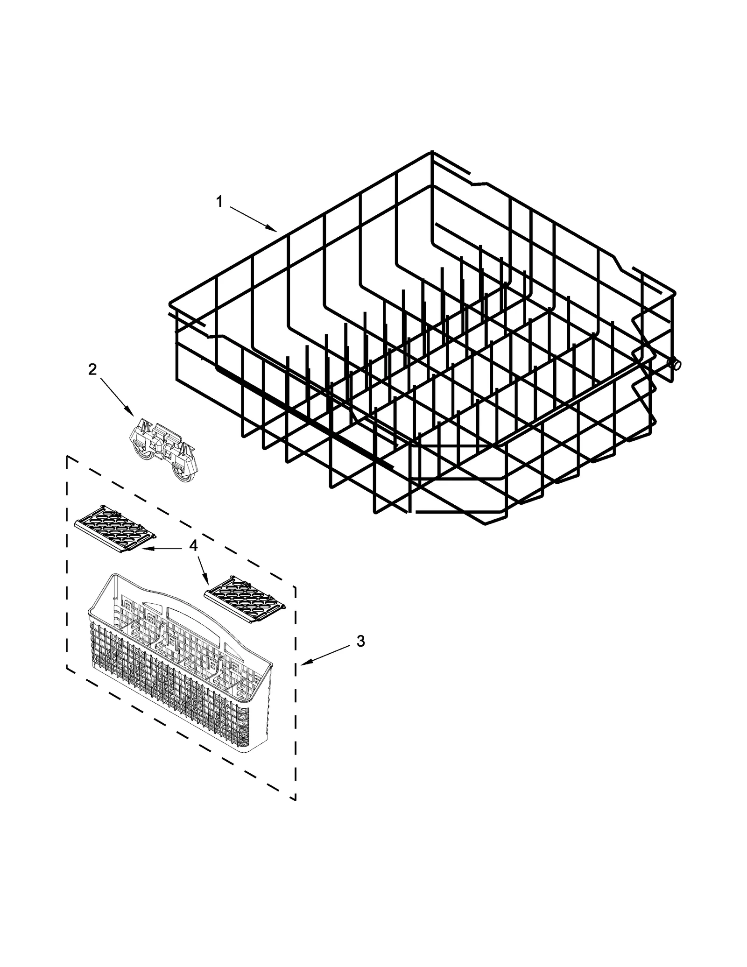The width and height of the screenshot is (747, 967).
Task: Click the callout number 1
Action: [x=219, y=202]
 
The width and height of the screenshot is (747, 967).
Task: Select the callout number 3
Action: [x=360, y=642]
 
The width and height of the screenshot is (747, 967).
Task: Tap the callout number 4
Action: [x=193, y=545]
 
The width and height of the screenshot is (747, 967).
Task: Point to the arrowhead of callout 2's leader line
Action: [x=133, y=415]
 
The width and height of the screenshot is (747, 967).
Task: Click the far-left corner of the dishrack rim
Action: [x=169, y=304]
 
